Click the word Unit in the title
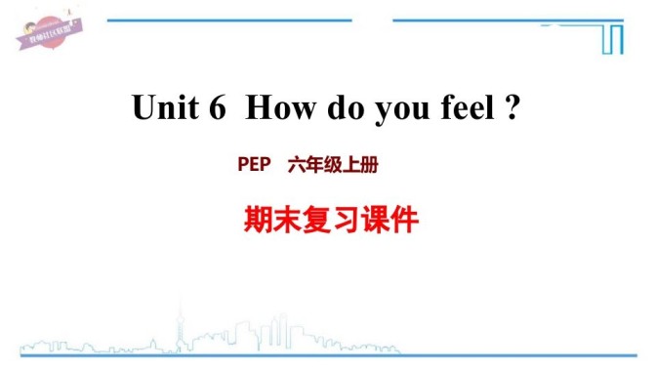[163, 108]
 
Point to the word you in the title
[390, 110]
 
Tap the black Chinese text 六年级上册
[332, 166]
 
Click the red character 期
[255, 221]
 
